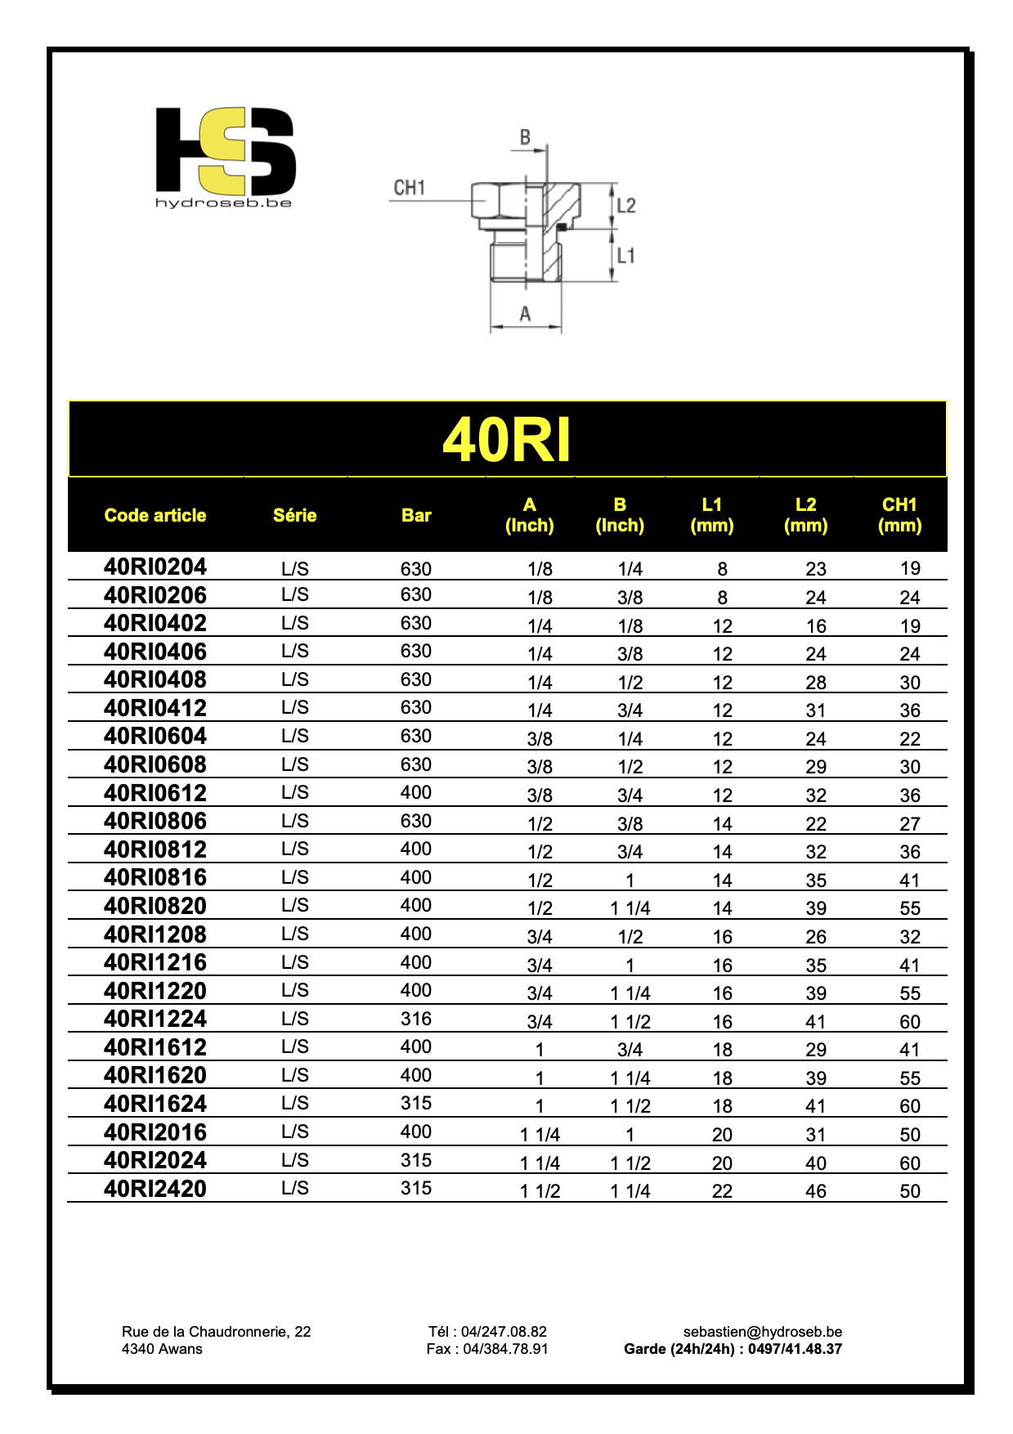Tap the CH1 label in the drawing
tap(409, 188)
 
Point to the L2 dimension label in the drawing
tap(625, 205)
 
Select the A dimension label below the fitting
tap(525, 314)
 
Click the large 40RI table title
tap(507, 440)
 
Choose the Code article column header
tap(155, 515)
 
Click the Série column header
tap(294, 515)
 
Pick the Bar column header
tap(416, 515)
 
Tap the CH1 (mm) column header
tap(899, 515)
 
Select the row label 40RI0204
tap(155, 567)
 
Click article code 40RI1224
tap(155, 1019)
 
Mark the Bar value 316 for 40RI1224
tap(416, 1019)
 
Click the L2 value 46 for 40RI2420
tap(816, 1191)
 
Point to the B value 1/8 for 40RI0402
tap(630, 626)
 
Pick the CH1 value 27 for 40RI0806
tap(910, 824)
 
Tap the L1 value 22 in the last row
tap(722, 1191)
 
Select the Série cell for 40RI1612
tap(295, 1047)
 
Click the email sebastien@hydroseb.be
tap(763, 1332)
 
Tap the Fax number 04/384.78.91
tap(487, 1349)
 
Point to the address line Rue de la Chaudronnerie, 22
tap(217, 1332)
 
